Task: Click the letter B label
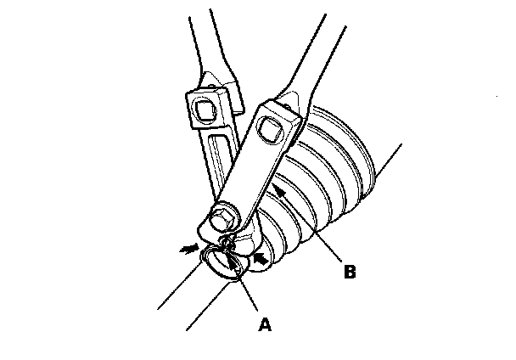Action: [348, 273]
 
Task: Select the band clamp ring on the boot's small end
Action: [225, 262]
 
